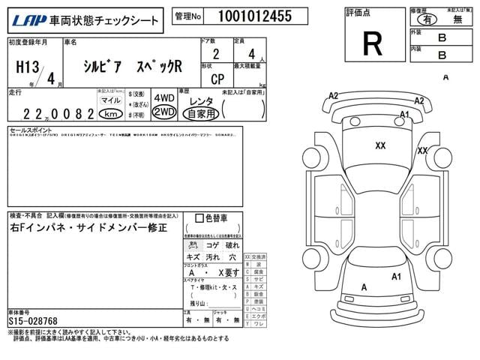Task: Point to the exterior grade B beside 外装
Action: (x=442, y=37)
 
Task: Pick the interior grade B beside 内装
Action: (x=442, y=55)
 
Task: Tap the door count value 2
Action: (x=216, y=54)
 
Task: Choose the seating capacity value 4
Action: (x=251, y=54)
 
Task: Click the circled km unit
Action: (x=111, y=114)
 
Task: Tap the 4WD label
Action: (x=164, y=98)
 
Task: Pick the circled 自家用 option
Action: (x=201, y=114)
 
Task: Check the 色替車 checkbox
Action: (x=199, y=218)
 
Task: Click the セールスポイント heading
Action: (x=28, y=129)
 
